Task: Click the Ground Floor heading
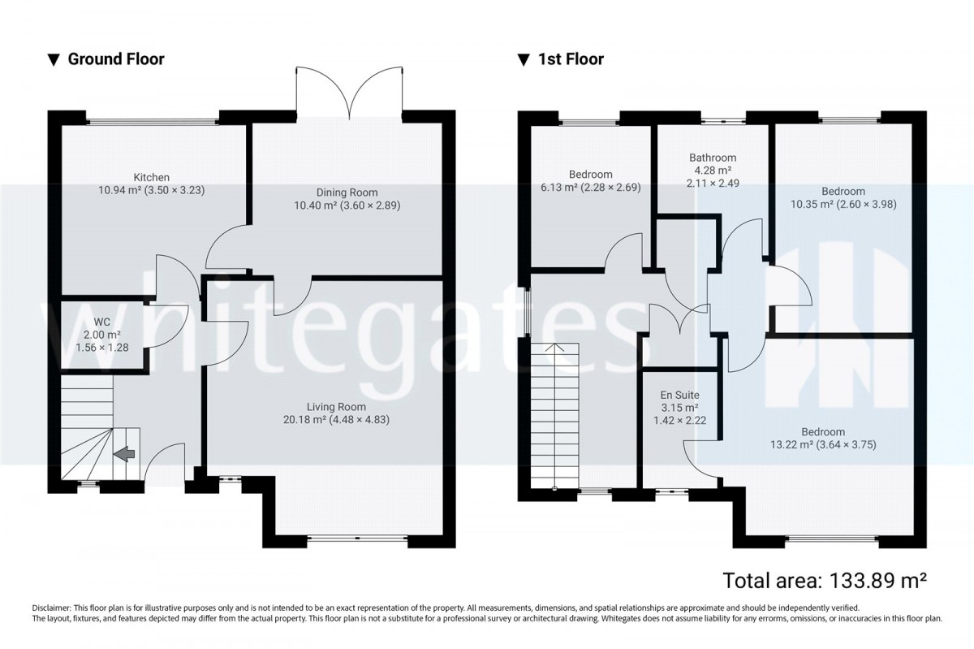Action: (x=116, y=59)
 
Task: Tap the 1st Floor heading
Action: (x=571, y=59)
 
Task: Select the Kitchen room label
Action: (x=151, y=177)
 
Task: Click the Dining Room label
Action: (x=347, y=193)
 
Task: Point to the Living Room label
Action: (x=337, y=407)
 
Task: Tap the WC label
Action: (x=102, y=322)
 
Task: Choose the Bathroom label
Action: (x=713, y=158)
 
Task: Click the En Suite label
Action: (x=679, y=395)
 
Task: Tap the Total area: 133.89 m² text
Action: (x=825, y=580)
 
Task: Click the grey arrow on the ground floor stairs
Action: (x=124, y=453)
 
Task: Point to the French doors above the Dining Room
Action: (x=349, y=93)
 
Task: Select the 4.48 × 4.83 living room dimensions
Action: (x=359, y=420)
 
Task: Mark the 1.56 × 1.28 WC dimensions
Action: (x=102, y=348)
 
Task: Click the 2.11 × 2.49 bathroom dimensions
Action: (x=713, y=184)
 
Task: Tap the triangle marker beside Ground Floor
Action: (x=54, y=60)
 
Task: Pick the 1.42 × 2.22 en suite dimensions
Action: (x=679, y=421)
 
